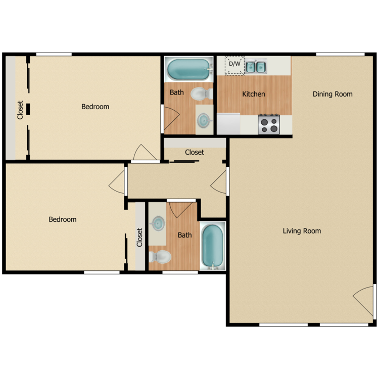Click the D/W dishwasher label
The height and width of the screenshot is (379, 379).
tap(234, 64)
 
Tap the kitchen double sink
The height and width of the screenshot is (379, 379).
tap(256, 66)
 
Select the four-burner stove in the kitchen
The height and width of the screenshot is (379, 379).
tap(269, 124)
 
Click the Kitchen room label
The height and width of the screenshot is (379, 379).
tap(253, 94)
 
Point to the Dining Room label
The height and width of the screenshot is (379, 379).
tap(332, 94)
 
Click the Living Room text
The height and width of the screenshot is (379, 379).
tap(302, 231)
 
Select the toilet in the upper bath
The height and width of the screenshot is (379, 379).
tap(201, 93)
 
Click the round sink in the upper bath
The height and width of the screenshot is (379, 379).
tap(204, 120)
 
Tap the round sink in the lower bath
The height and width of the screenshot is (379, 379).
tap(158, 222)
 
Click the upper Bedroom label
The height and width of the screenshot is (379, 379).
tap(95, 107)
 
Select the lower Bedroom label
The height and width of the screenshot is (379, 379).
tap(63, 219)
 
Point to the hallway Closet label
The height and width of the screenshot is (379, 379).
tap(195, 152)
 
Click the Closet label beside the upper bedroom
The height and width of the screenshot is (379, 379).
tap(20, 110)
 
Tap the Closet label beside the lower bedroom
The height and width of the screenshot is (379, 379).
tap(139, 238)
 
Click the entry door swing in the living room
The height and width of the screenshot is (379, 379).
tap(363, 302)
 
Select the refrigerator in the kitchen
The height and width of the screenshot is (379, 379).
tap(228, 124)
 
